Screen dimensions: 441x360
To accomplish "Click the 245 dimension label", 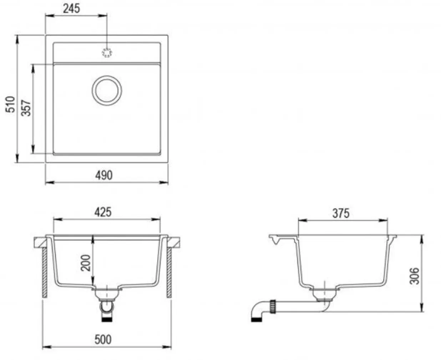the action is pos(71,9).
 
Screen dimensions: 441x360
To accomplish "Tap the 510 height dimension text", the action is pos(10,104).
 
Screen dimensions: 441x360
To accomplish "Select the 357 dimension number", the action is pos(26,108).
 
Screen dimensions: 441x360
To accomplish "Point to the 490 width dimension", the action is pos(104,175).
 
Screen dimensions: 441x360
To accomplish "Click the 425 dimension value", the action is pos(103,212).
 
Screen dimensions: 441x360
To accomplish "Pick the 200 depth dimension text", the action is pos(86,263).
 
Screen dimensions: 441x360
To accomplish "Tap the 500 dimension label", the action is pos(103,340).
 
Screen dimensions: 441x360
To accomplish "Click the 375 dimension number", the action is pos(341,213).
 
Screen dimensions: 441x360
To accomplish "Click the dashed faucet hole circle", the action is pos(107,52).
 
